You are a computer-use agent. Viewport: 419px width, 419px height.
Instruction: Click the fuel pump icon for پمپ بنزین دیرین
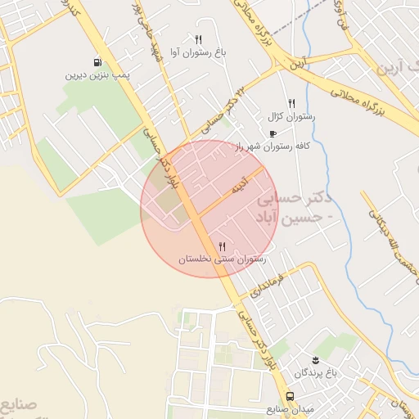click(x=98, y=61)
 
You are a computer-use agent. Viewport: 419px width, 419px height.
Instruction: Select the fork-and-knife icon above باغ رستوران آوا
click(x=198, y=39)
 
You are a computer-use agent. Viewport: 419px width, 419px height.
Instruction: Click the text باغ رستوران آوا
click(x=198, y=52)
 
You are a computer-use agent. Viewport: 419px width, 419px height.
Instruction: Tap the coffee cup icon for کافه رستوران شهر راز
click(x=273, y=133)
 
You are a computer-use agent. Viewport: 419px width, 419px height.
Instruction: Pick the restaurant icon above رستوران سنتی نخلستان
click(x=222, y=246)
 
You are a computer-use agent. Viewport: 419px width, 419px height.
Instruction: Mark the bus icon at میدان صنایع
click(x=291, y=397)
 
